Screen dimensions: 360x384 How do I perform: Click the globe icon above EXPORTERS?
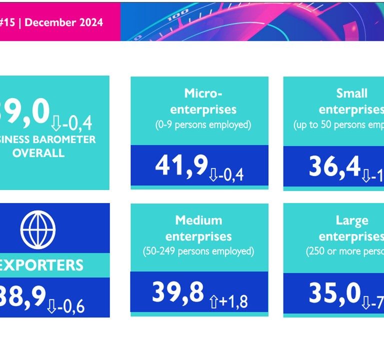pos(38,229)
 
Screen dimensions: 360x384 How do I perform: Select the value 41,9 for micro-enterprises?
pos(181,165)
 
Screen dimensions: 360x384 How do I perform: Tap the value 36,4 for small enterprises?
pos(334,167)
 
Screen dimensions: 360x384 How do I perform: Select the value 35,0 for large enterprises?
pos(334,293)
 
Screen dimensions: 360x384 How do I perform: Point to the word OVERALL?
pos(38,152)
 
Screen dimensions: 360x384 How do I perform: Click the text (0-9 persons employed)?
pos(202,124)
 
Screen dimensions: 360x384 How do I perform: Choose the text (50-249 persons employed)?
pos(198,251)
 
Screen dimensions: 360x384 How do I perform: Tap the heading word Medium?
pos(198,220)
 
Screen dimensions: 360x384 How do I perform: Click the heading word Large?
pos(352,220)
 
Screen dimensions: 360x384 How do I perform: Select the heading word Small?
pos(352,93)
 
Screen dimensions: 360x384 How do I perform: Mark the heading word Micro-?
pos(203,93)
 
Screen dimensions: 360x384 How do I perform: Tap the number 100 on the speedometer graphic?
pos(175,18)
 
